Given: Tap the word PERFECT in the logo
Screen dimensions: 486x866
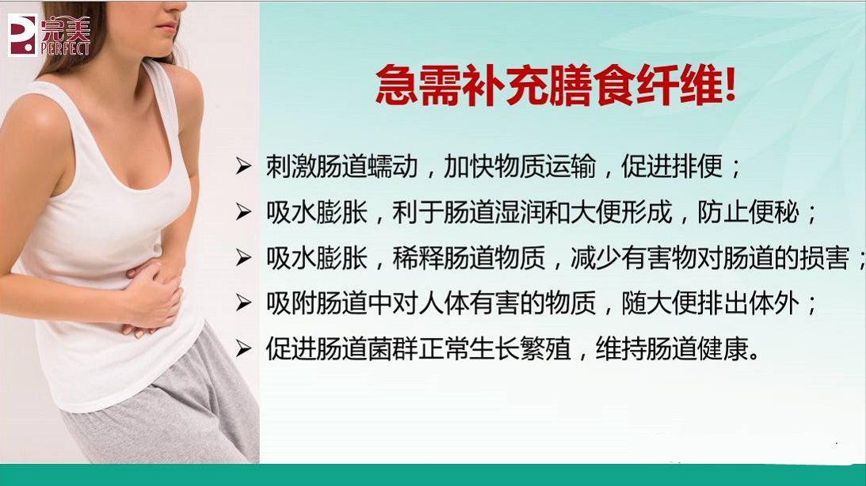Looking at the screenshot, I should (66, 48).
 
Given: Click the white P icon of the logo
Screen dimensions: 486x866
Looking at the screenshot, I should (22, 35).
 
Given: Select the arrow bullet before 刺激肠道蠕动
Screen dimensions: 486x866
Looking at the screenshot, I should (244, 168).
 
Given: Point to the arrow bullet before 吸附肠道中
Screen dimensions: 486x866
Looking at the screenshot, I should (244, 304).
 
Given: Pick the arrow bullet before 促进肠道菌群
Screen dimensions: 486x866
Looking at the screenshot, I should (244, 349).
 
